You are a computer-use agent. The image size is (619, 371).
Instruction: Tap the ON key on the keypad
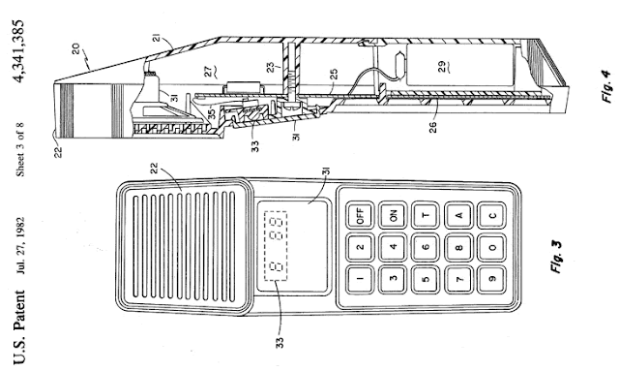(x=394, y=215)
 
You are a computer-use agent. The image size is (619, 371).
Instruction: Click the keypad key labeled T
(x=426, y=215)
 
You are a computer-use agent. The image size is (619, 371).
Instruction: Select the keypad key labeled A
(x=458, y=215)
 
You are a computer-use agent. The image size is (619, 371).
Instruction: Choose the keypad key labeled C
(x=492, y=215)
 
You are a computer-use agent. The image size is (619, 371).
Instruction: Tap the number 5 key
(x=426, y=280)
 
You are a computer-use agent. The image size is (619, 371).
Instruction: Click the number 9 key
(x=492, y=280)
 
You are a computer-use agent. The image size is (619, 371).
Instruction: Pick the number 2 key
(x=360, y=248)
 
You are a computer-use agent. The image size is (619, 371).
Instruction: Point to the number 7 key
(x=458, y=280)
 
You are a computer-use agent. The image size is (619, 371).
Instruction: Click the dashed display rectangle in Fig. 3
(x=276, y=246)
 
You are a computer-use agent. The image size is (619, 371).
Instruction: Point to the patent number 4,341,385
(x=18, y=51)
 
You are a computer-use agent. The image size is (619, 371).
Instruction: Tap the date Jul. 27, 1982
(x=19, y=245)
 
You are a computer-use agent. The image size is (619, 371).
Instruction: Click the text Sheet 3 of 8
(x=19, y=149)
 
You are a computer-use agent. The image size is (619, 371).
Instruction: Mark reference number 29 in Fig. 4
(x=443, y=66)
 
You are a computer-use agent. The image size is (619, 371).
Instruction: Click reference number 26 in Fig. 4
(x=432, y=127)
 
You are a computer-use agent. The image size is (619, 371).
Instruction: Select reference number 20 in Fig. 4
(x=75, y=48)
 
